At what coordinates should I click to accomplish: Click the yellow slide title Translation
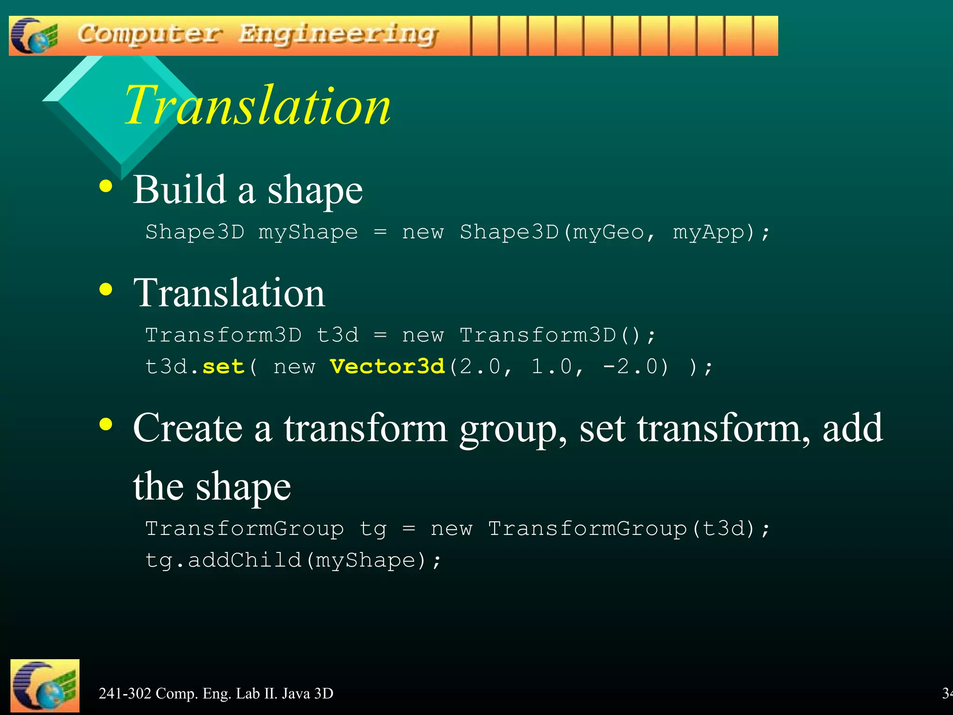click(x=257, y=105)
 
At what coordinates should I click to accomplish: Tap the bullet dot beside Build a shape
click(x=106, y=186)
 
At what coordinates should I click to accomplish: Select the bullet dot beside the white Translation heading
click(x=106, y=289)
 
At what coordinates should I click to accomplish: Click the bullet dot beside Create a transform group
click(x=106, y=424)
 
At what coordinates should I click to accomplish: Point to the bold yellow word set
click(x=223, y=367)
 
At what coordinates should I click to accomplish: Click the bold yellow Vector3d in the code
click(x=387, y=367)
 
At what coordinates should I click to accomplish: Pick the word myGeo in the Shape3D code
click(x=608, y=232)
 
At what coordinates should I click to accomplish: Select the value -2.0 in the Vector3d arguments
click(x=635, y=367)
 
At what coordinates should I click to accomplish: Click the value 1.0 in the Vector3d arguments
click(x=551, y=367)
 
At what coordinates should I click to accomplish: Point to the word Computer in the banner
click(x=149, y=34)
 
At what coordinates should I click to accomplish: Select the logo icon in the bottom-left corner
click(x=45, y=686)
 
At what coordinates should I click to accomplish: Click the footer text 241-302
click(x=125, y=694)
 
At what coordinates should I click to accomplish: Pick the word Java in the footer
click(x=296, y=694)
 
